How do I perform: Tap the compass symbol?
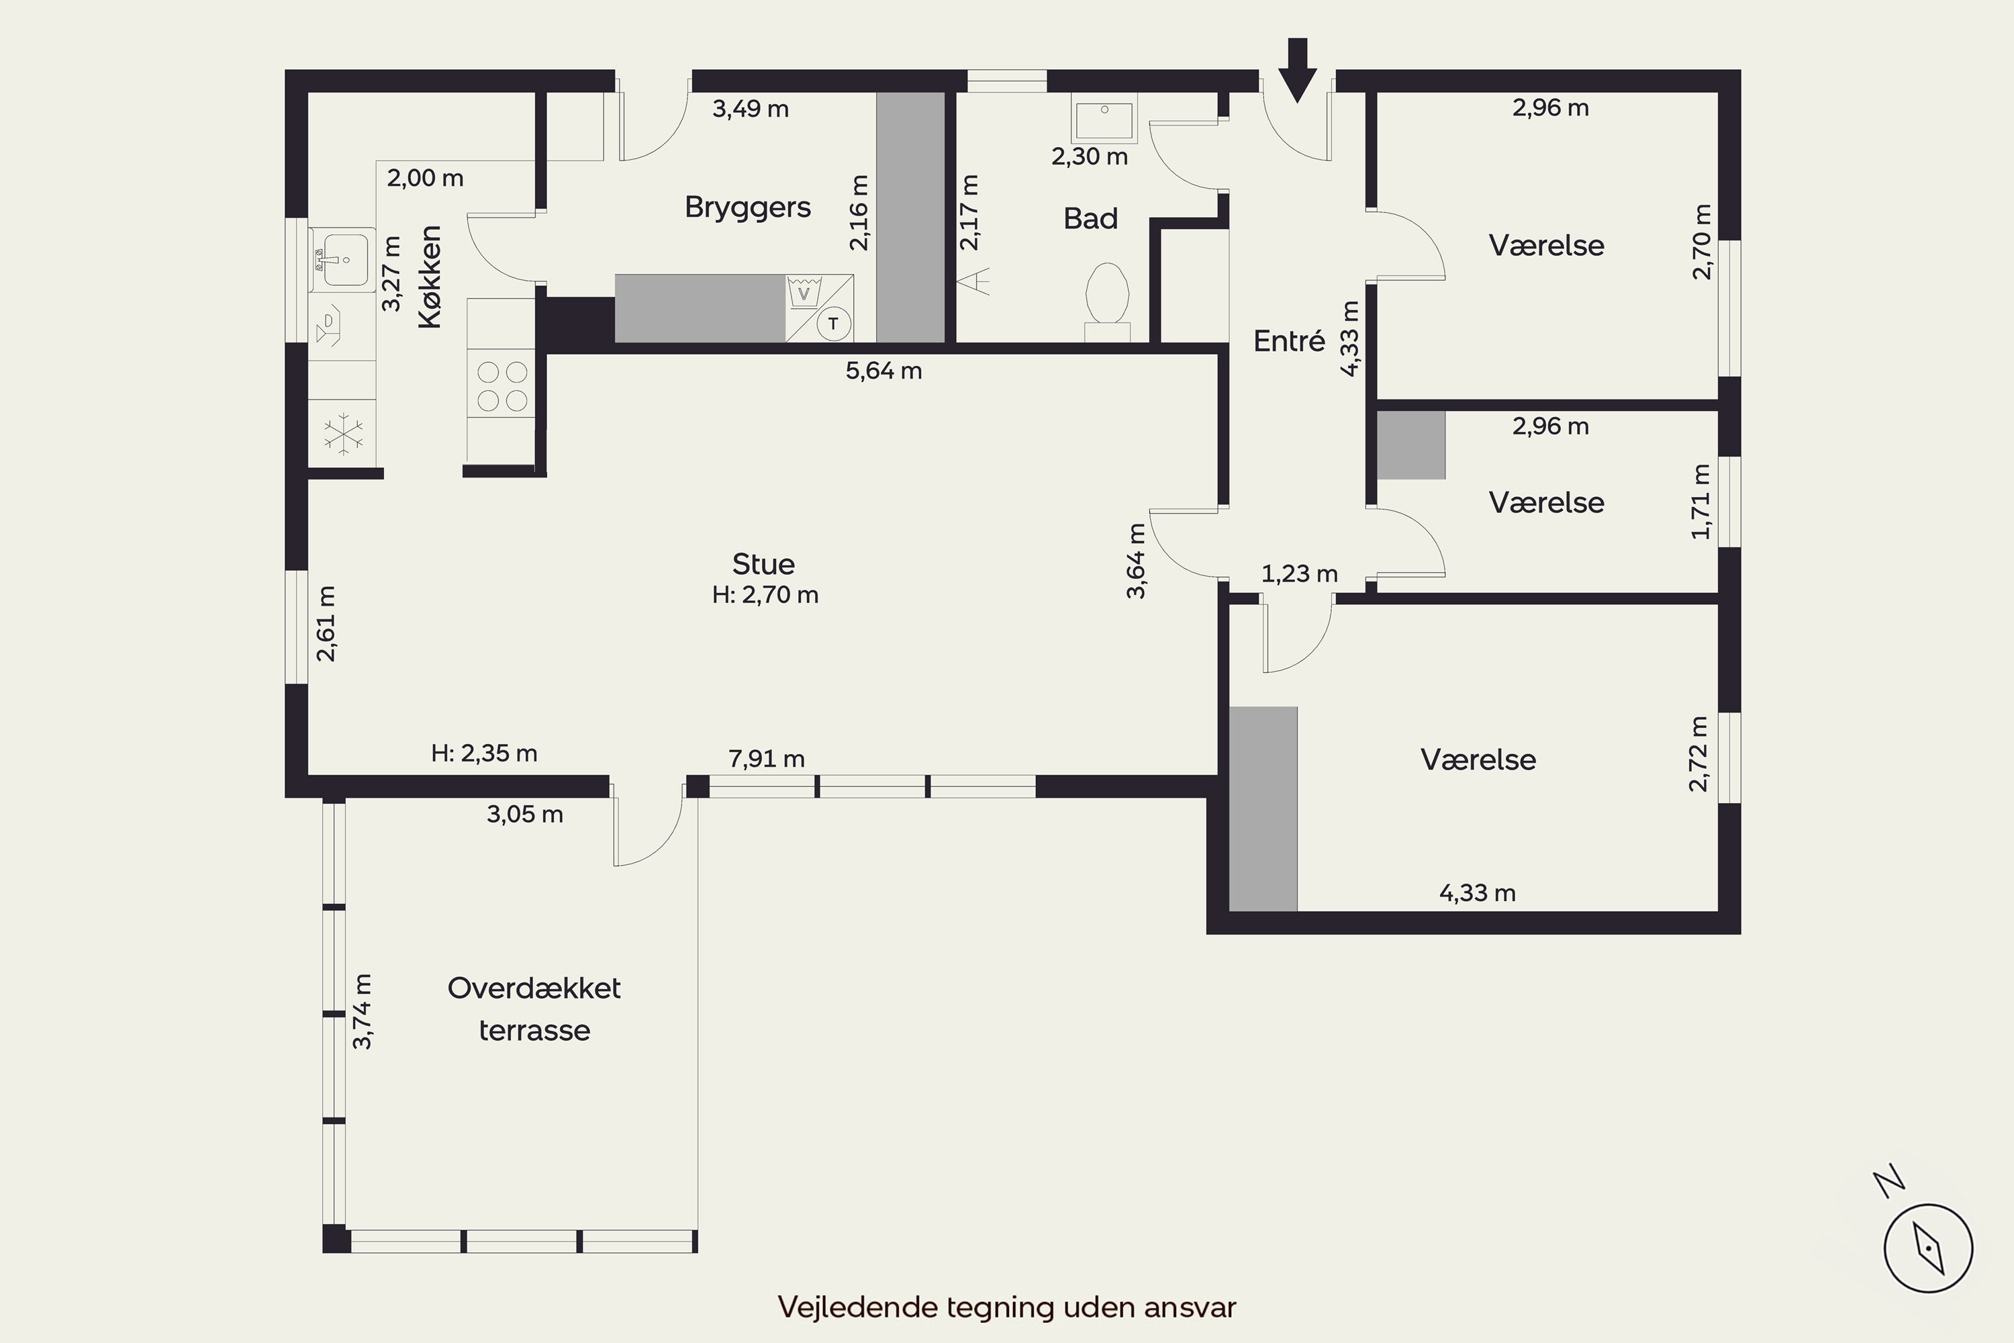point(1928,1247)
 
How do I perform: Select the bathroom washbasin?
point(1104,118)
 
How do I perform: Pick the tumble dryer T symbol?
point(833,324)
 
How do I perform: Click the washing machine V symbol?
point(803,291)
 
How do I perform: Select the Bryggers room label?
point(748,207)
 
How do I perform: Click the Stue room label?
point(763,563)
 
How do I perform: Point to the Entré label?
point(1289,341)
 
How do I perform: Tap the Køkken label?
point(429,277)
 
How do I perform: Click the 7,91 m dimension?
point(767,759)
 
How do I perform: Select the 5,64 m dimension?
point(883,371)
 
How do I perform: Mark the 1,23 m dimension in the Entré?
point(1299,574)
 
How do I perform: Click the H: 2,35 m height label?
point(484,753)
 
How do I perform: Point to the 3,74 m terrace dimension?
point(363,1011)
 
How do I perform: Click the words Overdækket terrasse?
point(534,1009)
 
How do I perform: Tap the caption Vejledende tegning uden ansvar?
point(1007,1307)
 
